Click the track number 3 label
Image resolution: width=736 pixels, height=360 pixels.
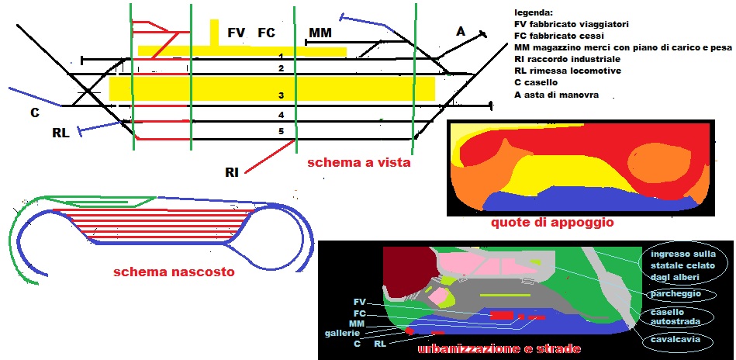click(282, 95)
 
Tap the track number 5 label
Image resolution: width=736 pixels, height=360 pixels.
click(282, 130)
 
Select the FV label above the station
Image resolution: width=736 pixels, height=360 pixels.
click(237, 33)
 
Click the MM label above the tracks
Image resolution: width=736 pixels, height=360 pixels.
click(320, 33)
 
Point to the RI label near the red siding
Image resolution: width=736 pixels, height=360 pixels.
click(232, 171)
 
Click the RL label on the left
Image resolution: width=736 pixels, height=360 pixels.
click(60, 133)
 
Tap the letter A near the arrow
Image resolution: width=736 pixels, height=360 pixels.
click(461, 32)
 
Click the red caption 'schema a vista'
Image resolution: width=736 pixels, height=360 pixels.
click(358, 163)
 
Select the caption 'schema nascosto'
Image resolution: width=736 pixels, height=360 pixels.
click(174, 272)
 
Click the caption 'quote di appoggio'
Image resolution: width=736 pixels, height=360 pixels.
click(552, 223)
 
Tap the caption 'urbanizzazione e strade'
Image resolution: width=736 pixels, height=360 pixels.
click(499, 349)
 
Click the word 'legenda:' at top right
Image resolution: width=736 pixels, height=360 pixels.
click(534, 12)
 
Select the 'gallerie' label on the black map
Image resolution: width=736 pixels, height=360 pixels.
click(343, 333)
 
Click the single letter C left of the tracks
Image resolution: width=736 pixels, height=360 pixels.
click(35, 113)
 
